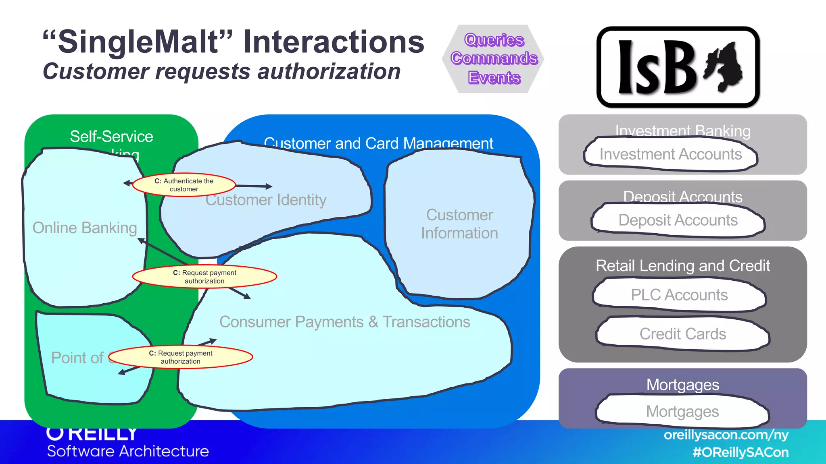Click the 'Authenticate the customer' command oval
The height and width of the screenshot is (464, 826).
184,185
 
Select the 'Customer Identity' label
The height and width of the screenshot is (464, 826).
266,200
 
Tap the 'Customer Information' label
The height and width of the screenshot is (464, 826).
459,224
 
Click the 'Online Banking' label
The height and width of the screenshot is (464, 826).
85,228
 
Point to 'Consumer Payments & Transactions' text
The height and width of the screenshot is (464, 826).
344,322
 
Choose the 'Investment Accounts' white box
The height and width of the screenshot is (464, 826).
670,154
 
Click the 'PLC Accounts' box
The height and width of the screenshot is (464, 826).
679,295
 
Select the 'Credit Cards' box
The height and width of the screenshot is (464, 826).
682,334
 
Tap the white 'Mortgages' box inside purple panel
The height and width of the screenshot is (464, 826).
682,412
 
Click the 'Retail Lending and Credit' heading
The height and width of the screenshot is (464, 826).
682,266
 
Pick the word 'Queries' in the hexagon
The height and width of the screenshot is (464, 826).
494,40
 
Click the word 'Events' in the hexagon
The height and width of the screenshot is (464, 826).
494,77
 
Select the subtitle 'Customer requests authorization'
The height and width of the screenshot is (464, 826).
221,72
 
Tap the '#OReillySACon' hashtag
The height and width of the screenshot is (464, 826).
740,452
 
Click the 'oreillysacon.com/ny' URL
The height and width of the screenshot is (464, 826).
726,435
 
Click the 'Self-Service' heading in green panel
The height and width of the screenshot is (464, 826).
111,137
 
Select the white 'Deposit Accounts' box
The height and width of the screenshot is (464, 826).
678,220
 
